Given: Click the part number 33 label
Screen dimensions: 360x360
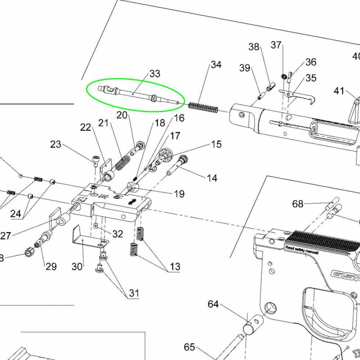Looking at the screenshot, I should [x=154, y=74].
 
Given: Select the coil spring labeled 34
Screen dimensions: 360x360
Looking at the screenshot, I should [x=204, y=107].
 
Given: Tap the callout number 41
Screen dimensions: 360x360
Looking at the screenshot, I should [x=339, y=91].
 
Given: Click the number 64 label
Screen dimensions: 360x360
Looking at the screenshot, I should [x=213, y=305].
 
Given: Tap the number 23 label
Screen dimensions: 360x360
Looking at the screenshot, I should [x=56, y=145].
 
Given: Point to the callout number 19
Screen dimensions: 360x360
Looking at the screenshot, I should [x=179, y=194].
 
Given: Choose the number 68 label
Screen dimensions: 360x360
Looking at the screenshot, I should [x=298, y=204].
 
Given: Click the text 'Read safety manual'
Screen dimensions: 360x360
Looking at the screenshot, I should [x=301, y=250].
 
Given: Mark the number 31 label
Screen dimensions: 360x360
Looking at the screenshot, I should [x=134, y=293].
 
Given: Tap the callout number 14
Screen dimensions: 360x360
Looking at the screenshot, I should [x=212, y=178].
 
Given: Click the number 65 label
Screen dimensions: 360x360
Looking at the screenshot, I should [x=189, y=347].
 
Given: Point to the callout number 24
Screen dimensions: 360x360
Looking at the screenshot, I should [x=15, y=214].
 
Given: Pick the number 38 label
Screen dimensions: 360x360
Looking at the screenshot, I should [x=254, y=47].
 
